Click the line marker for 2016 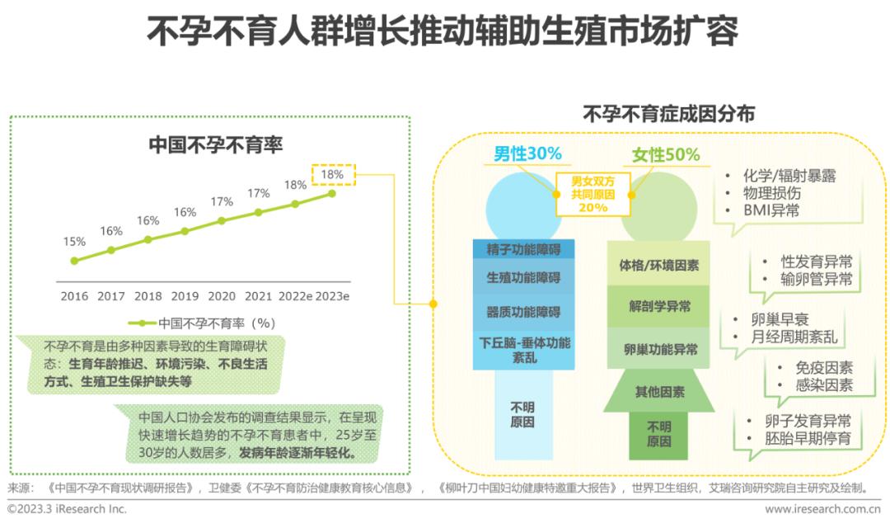[75, 261]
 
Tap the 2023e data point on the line [332, 194]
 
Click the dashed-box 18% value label [333, 175]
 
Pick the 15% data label [74, 242]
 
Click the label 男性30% [527, 153]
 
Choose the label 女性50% [666, 155]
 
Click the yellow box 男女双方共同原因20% [593, 195]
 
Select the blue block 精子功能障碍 [523, 248]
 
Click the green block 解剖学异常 [659, 306]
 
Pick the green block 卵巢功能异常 [659, 350]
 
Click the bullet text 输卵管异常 [816, 279]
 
